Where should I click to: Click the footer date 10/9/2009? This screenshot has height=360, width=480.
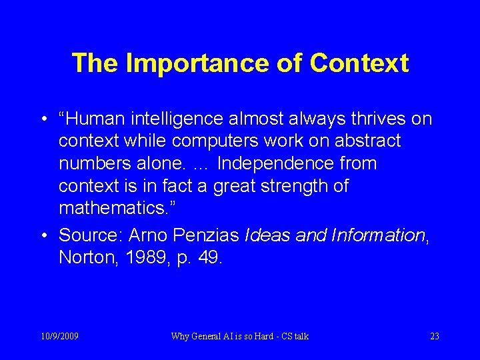[59, 336]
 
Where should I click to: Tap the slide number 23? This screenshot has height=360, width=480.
[435, 336]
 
